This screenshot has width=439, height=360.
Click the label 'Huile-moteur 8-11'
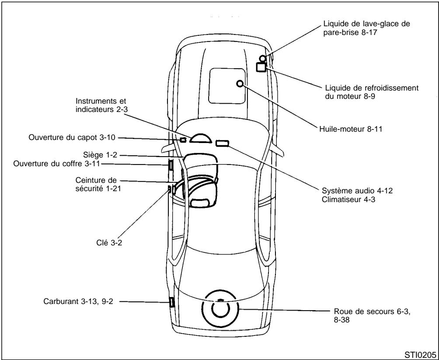[x=348, y=129]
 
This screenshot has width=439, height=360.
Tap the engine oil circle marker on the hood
[x=240, y=83]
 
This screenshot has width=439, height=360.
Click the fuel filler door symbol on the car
[x=171, y=302]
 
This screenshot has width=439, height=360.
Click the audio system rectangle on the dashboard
[x=222, y=143]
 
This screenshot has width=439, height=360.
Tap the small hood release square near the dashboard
[x=183, y=140]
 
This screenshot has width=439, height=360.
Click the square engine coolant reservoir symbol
[x=261, y=67]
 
